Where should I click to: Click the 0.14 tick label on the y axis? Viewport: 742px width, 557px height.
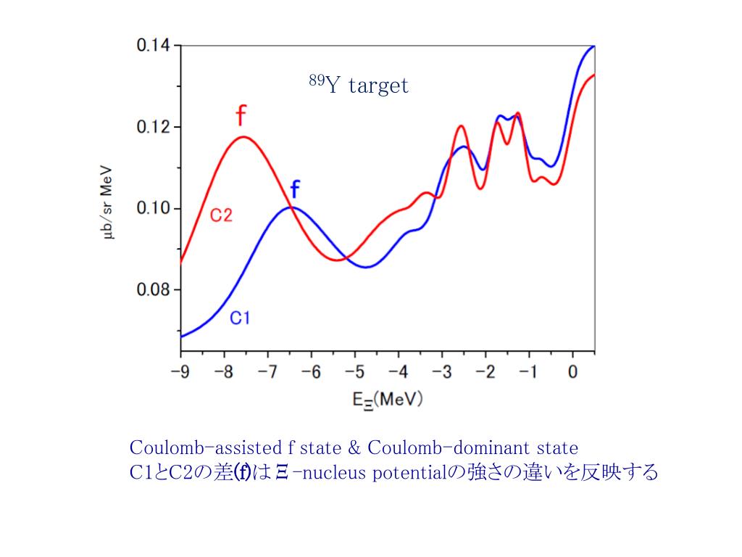point(154,46)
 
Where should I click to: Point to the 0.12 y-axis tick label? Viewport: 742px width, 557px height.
point(154,127)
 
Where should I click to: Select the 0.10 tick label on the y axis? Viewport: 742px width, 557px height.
point(154,209)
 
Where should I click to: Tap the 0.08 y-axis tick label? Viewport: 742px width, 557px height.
point(154,290)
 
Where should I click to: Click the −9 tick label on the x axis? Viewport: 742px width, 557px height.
point(180,373)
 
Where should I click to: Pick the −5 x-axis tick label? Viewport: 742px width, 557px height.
point(354,373)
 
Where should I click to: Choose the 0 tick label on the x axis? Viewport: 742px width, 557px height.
point(572,373)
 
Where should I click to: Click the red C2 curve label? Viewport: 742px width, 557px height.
point(221,215)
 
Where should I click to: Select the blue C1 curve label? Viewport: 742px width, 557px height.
point(240,318)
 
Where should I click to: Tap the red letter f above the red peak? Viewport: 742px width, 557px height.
point(241,116)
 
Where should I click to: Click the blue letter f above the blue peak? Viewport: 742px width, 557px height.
point(295,190)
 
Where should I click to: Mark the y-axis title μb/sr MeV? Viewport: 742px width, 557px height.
point(108,208)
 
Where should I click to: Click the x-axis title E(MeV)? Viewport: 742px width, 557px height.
point(387,400)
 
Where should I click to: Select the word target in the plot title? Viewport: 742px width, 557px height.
point(378,86)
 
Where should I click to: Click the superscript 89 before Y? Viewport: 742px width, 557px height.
point(316,81)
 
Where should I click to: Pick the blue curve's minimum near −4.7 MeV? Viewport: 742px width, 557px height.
point(367,267)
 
